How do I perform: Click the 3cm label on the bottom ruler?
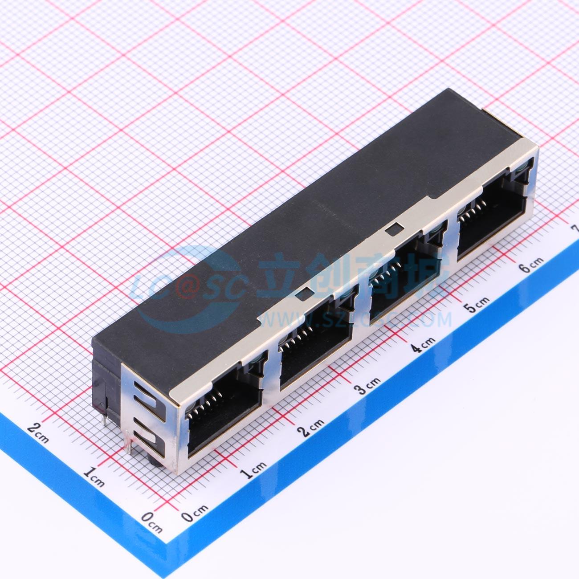(x=367, y=385)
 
